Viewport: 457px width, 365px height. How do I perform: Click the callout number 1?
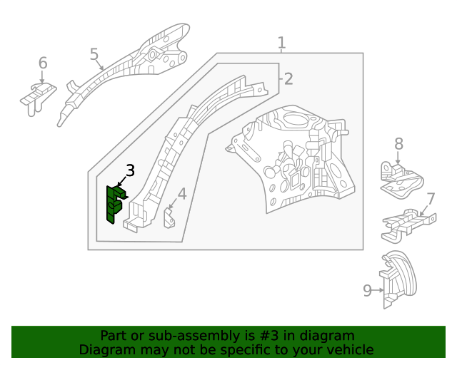[x=281, y=43]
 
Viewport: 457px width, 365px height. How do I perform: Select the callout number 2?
[x=288, y=78]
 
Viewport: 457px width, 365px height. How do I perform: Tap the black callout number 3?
[x=130, y=170]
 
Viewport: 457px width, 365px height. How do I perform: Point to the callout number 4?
[x=182, y=193]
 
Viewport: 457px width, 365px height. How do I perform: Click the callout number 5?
[x=94, y=54]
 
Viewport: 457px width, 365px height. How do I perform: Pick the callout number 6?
[x=43, y=63]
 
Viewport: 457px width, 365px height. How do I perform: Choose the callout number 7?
[x=431, y=199]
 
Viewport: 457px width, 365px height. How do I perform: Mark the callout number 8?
[x=398, y=145]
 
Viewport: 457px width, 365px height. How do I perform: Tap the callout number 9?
[x=368, y=290]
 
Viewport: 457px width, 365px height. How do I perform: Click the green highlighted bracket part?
[x=114, y=204]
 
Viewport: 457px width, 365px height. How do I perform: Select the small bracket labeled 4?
[x=170, y=217]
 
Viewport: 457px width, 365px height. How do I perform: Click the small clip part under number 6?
[x=37, y=97]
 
